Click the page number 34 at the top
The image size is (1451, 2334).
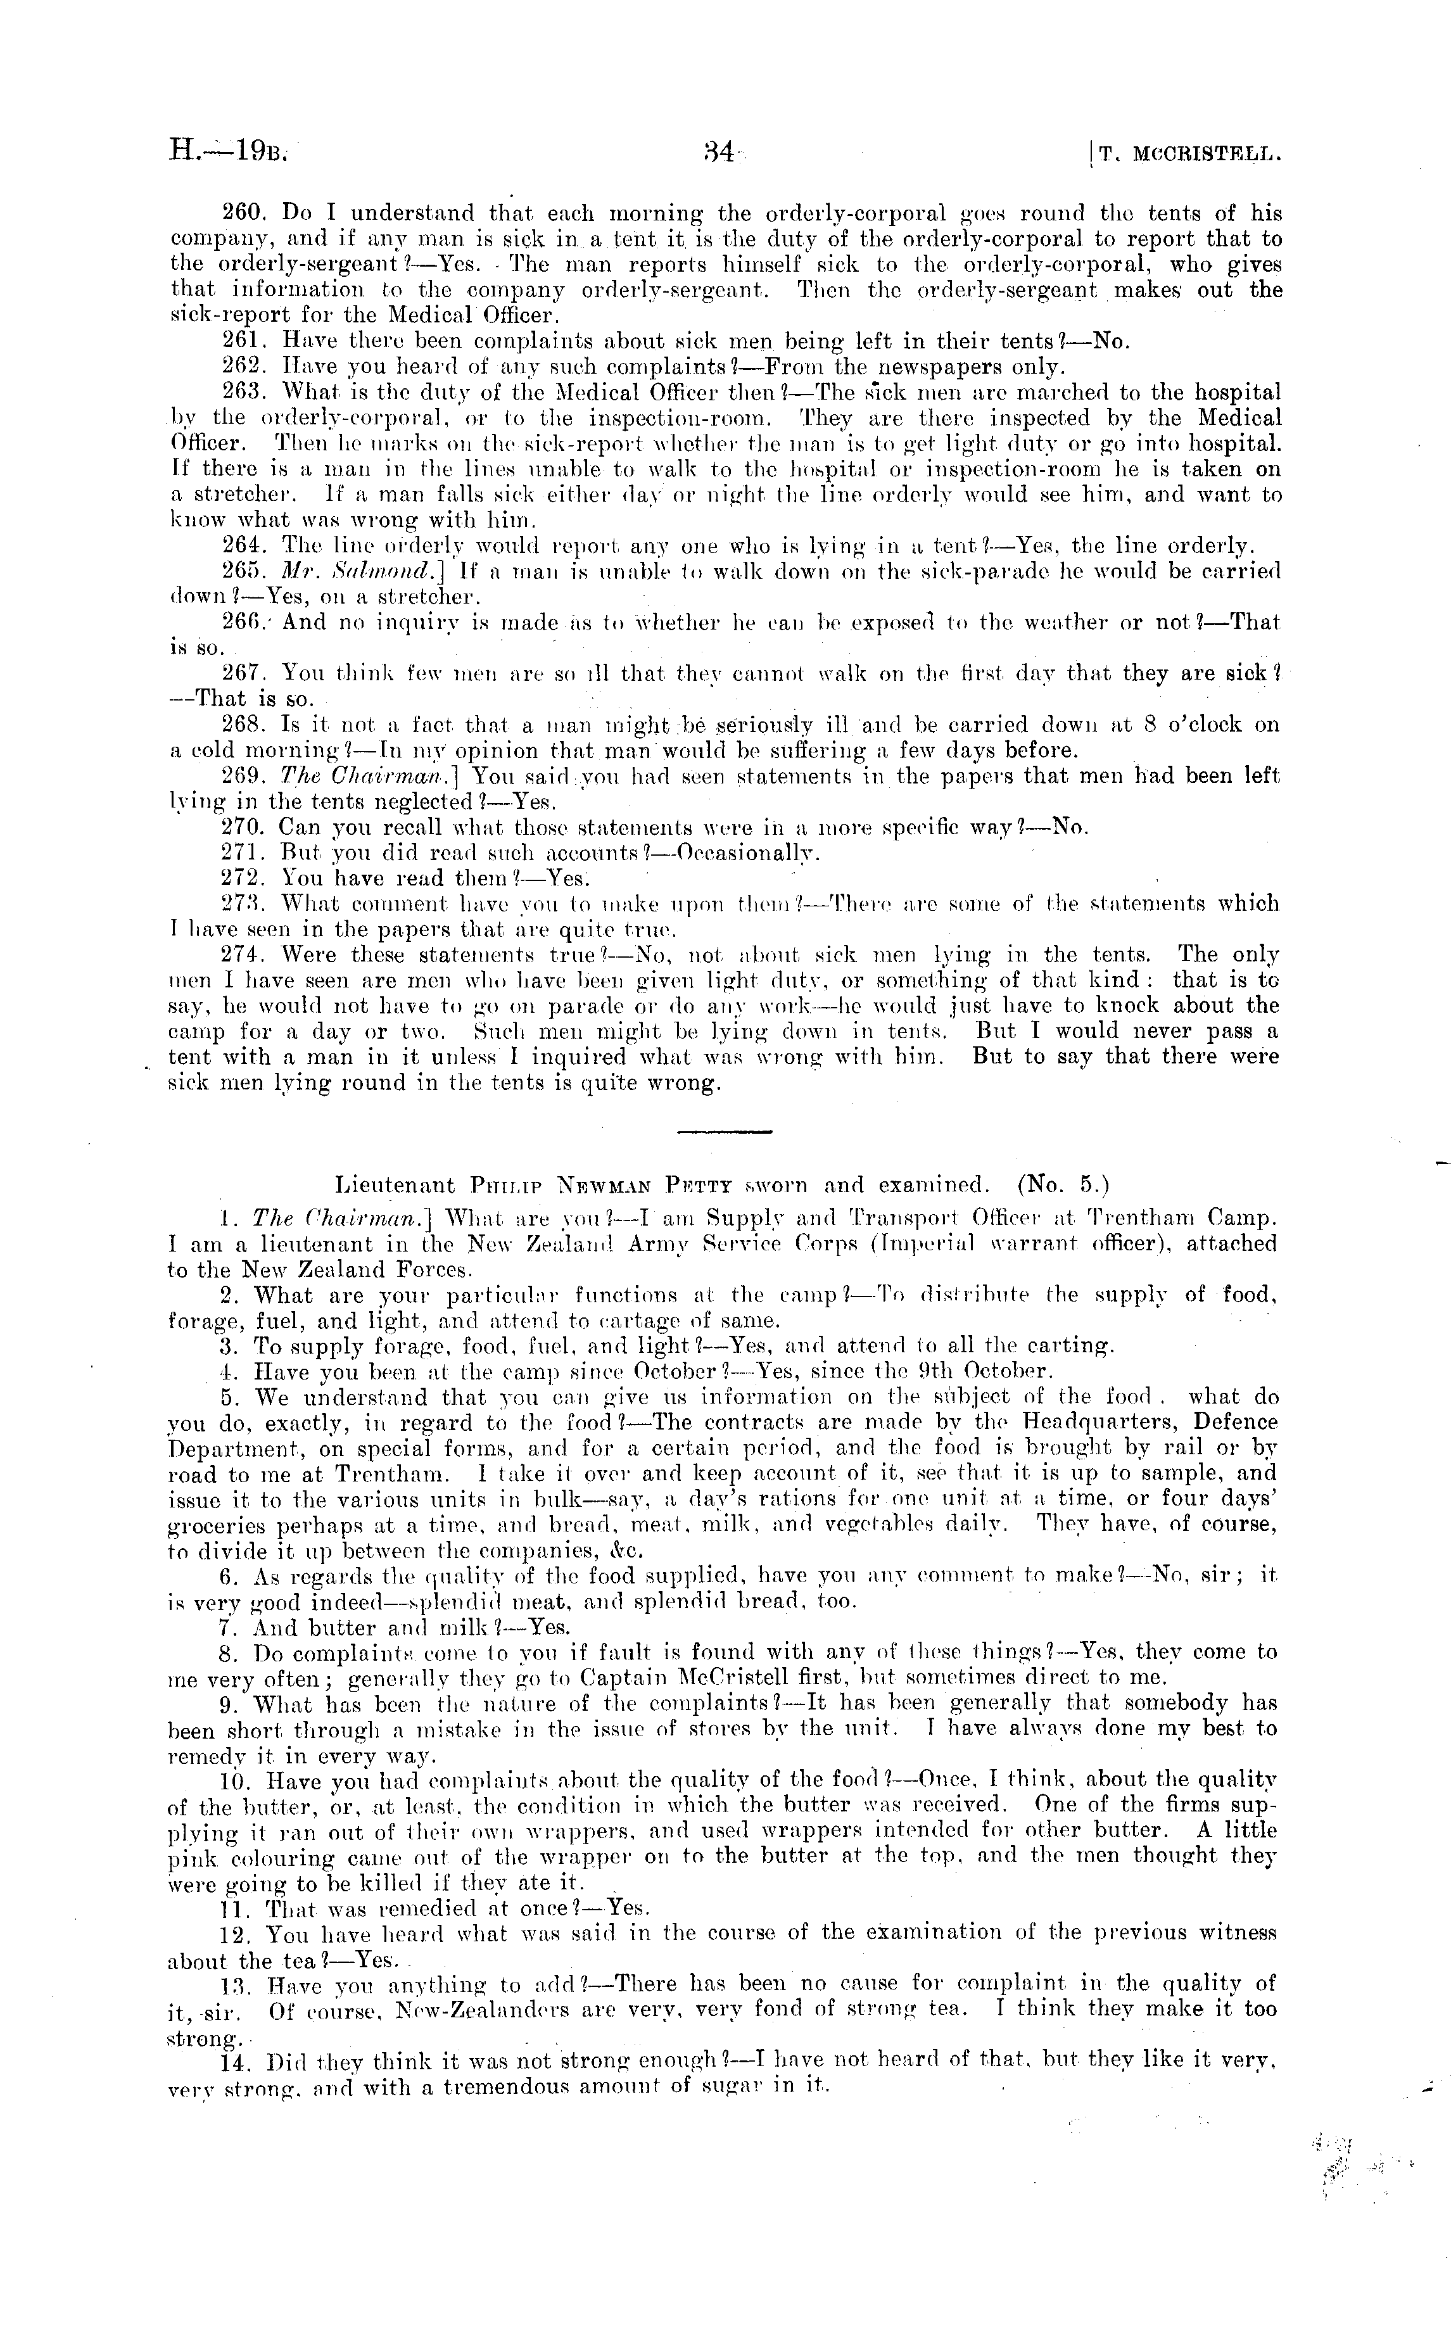(x=719, y=151)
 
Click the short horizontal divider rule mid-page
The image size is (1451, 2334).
(x=725, y=1132)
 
